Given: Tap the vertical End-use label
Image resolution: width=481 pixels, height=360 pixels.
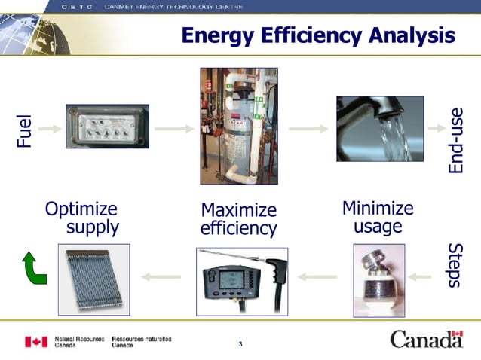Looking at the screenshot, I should (455, 141).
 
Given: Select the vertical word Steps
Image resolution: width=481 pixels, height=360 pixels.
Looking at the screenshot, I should (455, 265).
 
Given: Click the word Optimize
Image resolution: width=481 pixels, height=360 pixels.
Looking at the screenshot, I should (81, 209).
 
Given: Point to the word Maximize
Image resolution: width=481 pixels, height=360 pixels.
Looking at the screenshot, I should (238, 210).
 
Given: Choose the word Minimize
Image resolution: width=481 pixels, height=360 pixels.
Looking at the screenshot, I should (378, 207).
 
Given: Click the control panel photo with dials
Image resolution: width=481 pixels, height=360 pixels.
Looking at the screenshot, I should (107, 127).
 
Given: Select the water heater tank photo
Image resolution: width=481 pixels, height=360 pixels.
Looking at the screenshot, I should (238, 126).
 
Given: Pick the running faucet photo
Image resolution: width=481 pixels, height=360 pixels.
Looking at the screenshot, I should (379, 128).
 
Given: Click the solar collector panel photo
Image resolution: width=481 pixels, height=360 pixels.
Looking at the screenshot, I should (93, 279).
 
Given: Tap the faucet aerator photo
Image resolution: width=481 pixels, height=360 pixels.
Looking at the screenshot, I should (378, 279).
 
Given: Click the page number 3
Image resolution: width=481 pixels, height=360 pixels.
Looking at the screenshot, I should (240, 345).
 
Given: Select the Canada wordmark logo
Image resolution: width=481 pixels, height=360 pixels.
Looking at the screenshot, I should (426, 340).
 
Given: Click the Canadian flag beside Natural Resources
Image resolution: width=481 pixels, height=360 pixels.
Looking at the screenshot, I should (36, 341).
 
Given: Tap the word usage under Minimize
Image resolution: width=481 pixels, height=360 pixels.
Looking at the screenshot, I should (378, 225).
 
